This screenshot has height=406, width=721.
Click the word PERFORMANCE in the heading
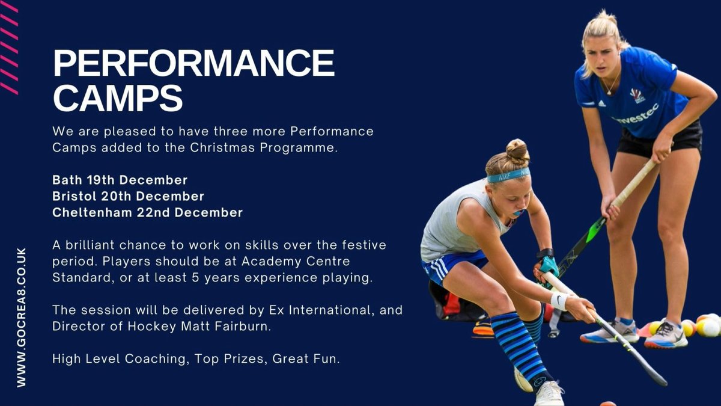point(193,63)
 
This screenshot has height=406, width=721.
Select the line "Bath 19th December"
point(120,180)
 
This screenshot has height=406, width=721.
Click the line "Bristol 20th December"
point(128,196)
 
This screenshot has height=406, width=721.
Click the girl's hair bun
point(517,151)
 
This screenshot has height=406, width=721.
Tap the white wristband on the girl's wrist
point(559,300)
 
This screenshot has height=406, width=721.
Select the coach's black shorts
point(659,139)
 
